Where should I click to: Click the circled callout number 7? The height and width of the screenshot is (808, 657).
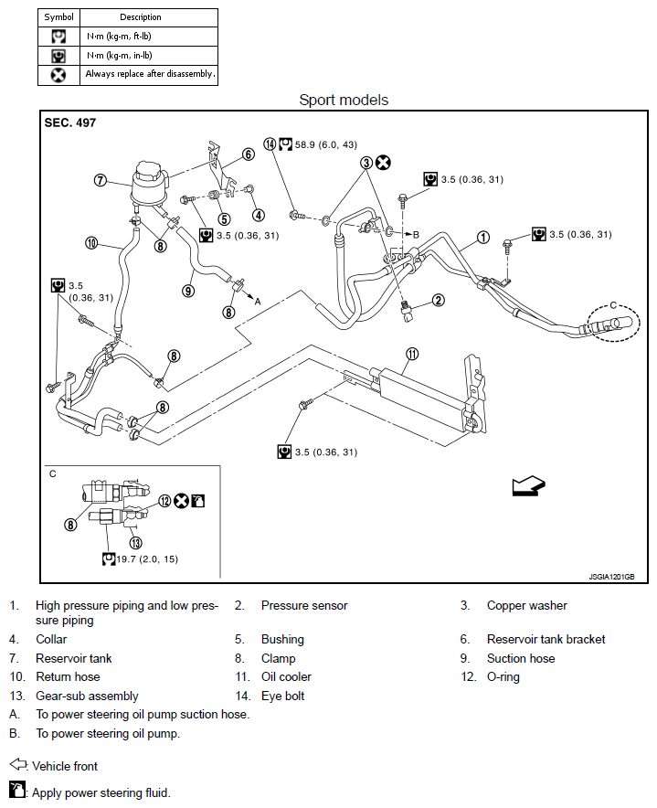pyautogui.click(x=101, y=180)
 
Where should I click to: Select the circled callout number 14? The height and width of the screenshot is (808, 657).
pyautogui.click(x=270, y=144)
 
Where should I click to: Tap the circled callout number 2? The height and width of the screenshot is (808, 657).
pyautogui.click(x=439, y=300)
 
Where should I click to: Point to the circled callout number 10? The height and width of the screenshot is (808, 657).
pyautogui.click(x=91, y=242)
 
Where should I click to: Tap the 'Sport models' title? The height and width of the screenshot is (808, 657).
pyautogui.click(x=344, y=100)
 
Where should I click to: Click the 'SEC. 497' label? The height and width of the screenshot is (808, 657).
pyautogui.click(x=70, y=122)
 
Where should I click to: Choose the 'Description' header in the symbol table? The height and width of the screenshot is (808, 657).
pyautogui.click(x=140, y=16)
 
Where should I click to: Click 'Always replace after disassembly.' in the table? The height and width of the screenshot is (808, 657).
pyautogui.click(x=151, y=74)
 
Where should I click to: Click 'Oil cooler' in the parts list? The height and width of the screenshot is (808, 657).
pyautogui.click(x=286, y=676)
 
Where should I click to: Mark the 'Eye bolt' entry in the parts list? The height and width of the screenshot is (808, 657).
pyautogui.click(x=282, y=696)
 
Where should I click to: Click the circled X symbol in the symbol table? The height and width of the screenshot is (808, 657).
pyautogui.click(x=58, y=74)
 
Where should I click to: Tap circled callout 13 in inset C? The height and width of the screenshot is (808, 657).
pyautogui.click(x=135, y=540)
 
